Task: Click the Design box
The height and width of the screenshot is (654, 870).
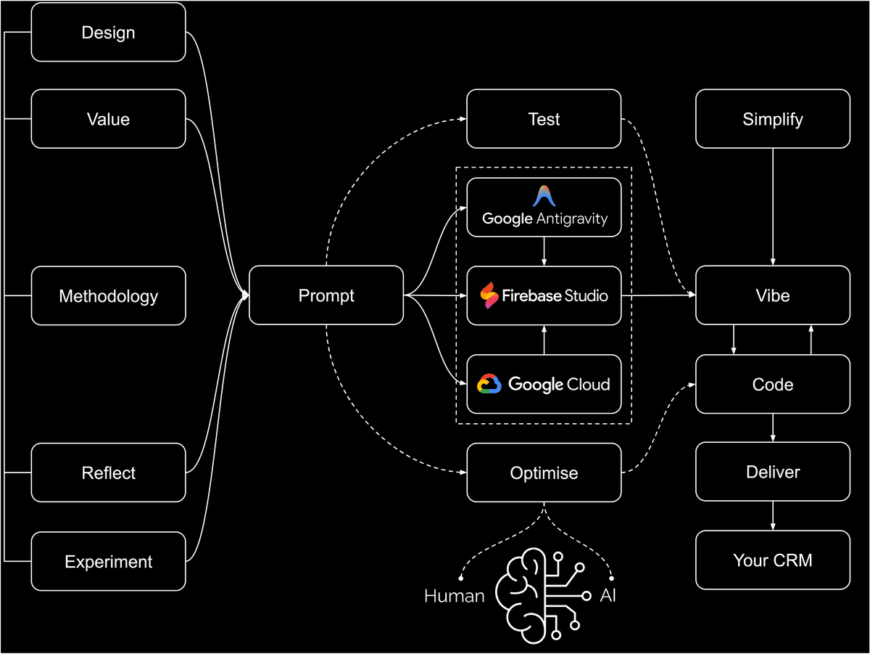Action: click(108, 33)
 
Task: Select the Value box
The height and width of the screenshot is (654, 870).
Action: click(108, 119)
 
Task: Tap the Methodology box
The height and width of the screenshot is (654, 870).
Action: click(108, 296)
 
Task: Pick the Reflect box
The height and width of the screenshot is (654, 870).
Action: click(108, 473)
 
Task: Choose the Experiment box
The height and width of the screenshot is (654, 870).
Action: click(108, 562)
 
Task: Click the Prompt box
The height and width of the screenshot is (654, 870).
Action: click(326, 295)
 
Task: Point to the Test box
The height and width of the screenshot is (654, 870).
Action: click(544, 119)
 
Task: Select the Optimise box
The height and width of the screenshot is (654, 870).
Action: click(544, 473)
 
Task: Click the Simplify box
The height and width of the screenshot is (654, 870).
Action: click(773, 119)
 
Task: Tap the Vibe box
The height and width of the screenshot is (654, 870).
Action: click(773, 295)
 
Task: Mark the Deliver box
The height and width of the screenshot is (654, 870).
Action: click(773, 472)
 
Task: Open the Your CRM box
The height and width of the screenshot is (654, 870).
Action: click(773, 560)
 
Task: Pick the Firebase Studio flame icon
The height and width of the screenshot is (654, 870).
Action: click(489, 295)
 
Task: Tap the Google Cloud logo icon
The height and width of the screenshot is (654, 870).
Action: click(489, 384)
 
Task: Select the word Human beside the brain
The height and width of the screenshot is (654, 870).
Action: click(454, 597)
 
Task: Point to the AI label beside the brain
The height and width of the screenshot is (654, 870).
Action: click(608, 596)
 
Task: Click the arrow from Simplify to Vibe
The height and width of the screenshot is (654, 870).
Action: click(773, 207)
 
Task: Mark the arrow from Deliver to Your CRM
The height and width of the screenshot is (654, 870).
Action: click(773, 515)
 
